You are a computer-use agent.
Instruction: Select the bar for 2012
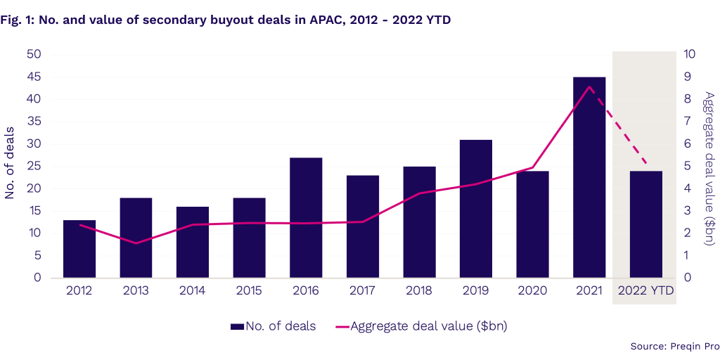pos(79,249)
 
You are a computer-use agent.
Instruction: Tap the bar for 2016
pos(306,218)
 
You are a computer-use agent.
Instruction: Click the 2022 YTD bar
pos(645,224)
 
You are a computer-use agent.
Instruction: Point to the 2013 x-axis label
pos(136,290)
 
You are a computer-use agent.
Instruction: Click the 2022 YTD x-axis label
pos(645,290)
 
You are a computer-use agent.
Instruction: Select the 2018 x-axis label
pos(419,290)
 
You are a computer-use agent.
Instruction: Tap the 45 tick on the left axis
pos(33,77)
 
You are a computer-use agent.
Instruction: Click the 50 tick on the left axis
pos(33,54)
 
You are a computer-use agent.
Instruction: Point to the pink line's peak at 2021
pos(590,86)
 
